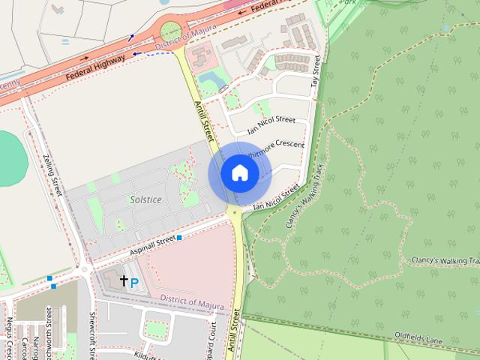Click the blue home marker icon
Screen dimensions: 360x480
(x=239, y=173)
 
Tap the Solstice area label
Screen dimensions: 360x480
(x=145, y=201)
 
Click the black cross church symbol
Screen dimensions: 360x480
(x=124, y=280)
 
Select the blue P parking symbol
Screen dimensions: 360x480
(x=134, y=283)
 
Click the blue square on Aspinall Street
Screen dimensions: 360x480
(x=179, y=237)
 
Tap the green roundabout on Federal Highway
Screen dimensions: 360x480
(x=170, y=31)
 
